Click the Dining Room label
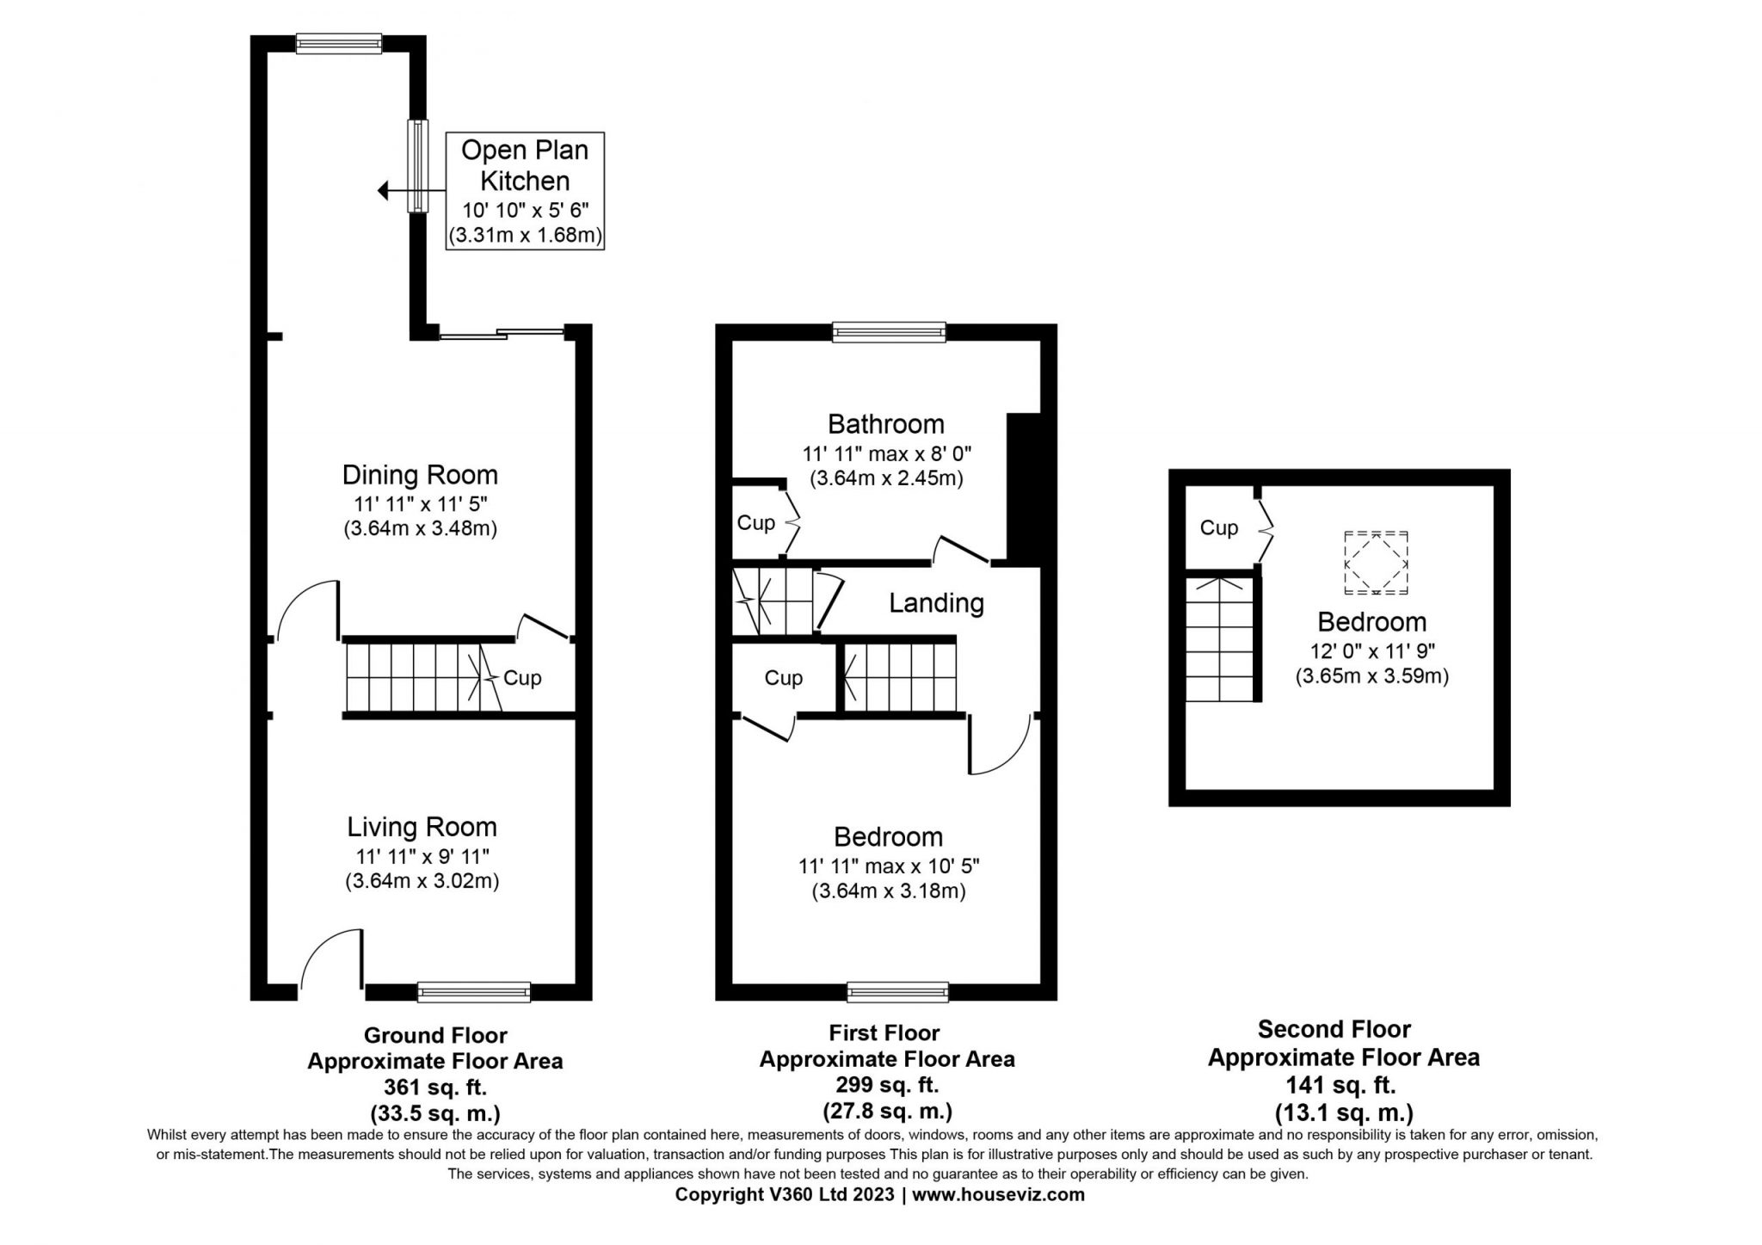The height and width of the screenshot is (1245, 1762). click(x=420, y=475)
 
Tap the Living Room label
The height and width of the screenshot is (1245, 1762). click(x=422, y=827)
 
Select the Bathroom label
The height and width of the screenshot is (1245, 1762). click(x=886, y=423)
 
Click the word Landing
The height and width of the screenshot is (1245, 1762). click(x=936, y=603)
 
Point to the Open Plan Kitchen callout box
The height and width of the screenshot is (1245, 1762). click(x=525, y=191)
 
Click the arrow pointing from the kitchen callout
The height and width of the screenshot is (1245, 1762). click(x=411, y=191)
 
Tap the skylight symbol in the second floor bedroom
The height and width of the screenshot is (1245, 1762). click(x=1377, y=563)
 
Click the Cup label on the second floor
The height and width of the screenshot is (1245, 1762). click(x=1219, y=527)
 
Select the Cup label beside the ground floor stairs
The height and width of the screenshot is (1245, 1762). click(x=522, y=678)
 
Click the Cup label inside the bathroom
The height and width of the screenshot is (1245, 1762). click(x=756, y=522)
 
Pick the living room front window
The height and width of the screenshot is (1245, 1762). click(x=474, y=991)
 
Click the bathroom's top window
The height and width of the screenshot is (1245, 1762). click(x=889, y=332)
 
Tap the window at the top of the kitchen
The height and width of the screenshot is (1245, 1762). click(x=338, y=44)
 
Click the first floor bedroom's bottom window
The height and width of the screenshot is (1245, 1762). click(x=897, y=992)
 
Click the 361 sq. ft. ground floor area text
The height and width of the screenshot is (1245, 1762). click(x=434, y=1087)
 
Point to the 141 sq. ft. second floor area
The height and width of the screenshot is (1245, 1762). click(x=1344, y=1084)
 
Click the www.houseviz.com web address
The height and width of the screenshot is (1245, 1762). click(x=998, y=1195)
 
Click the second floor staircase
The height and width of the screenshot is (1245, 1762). click(x=1220, y=638)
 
